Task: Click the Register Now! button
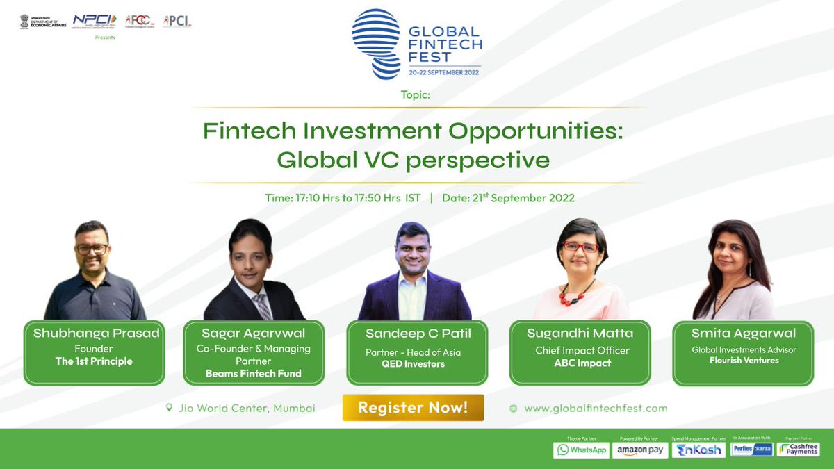[413, 408]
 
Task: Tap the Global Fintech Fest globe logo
[376, 43]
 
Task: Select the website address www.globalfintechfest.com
[596, 409]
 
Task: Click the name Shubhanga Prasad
[97, 334]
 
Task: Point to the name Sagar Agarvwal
[254, 334]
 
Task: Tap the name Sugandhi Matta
[580, 334]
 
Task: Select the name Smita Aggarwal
[743, 334]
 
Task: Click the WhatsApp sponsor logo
[581, 450]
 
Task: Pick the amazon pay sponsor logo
[640, 450]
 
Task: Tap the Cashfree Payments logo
[799, 450]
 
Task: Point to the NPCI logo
[95, 20]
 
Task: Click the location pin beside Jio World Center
[169, 408]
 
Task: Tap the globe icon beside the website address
[514, 409]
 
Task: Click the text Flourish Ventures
[744, 361]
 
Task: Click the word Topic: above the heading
[416, 95]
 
